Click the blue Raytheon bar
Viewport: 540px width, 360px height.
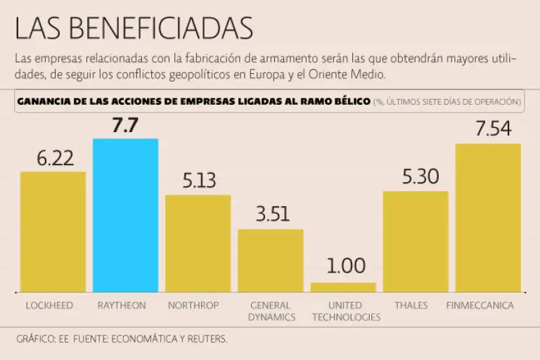coord(125,215)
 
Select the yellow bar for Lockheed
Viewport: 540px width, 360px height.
coord(53,231)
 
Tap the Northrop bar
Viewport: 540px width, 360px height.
coord(198,243)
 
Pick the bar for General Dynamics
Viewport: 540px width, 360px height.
coord(270,260)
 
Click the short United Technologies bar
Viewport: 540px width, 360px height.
coord(343,287)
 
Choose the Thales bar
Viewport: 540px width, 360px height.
coord(416,241)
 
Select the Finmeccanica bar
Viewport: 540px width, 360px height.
coord(488,217)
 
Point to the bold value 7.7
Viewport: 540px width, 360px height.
coord(125,126)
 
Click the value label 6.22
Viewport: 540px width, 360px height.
coord(55,159)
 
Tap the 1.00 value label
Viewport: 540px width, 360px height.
coord(346,266)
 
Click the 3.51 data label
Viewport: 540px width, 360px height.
coord(273,214)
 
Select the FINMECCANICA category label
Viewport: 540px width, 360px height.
coord(480,306)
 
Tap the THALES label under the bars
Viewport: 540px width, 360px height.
coord(411,306)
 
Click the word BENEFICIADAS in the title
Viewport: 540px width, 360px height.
coord(172,28)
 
